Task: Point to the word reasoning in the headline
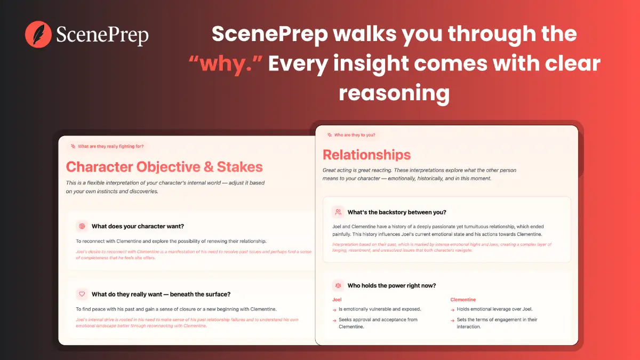[394, 93]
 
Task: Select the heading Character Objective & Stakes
[164, 167]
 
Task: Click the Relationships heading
[366, 155]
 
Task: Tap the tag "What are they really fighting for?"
[107, 146]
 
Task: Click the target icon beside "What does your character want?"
[82, 226]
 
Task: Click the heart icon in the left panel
[82, 294]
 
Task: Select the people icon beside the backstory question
[338, 212]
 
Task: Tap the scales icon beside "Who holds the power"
[338, 285]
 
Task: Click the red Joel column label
[337, 300]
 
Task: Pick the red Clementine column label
[463, 300]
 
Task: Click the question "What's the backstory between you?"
[397, 212]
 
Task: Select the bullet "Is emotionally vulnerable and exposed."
[380, 309]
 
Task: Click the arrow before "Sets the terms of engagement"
[452, 320]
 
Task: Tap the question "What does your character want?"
[138, 226]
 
